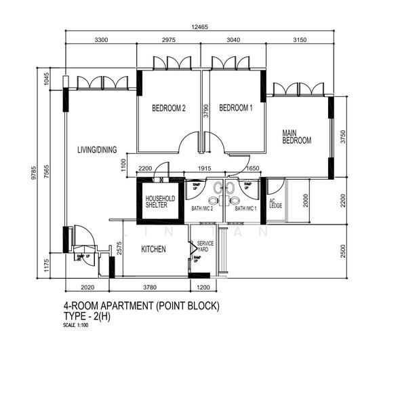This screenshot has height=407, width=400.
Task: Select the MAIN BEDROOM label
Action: tap(296, 136)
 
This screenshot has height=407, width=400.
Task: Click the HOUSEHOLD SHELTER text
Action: tap(161, 201)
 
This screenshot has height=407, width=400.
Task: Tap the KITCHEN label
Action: tap(153, 250)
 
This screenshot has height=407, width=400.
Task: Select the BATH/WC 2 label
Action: tap(202, 209)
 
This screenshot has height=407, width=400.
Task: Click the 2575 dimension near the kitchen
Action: tap(119, 248)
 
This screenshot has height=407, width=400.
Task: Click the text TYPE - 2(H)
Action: tap(87, 317)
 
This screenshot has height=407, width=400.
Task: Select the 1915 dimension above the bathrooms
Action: tap(205, 169)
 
